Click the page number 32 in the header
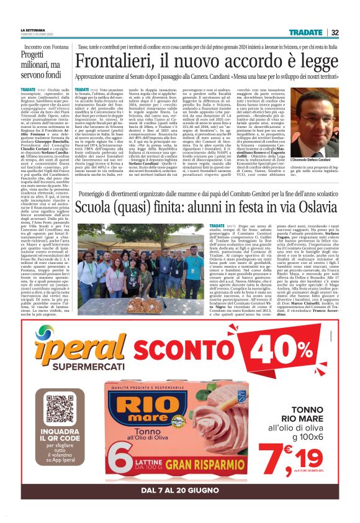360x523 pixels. pyautogui.click(x=335, y=32)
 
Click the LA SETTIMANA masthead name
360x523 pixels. pyautogui.click(x=32, y=30)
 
